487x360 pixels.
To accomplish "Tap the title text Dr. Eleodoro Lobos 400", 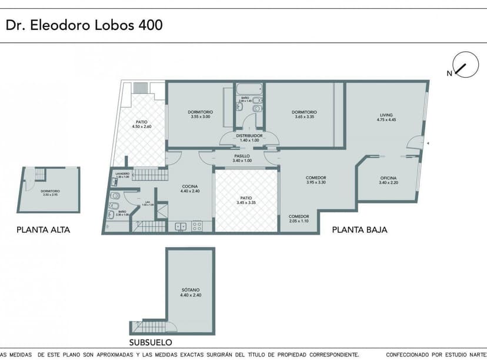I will (x=84, y=25).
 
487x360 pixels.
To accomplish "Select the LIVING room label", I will (x=386, y=115).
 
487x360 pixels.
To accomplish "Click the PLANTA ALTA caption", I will (x=43, y=230).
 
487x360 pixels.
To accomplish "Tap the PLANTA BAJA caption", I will (x=359, y=230).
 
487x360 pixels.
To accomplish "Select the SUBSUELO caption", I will (x=151, y=342).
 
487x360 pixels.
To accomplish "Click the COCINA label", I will (x=191, y=186).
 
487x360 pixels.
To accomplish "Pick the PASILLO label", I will (x=242, y=156).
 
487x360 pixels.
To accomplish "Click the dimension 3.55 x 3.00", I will (x=201, y=116).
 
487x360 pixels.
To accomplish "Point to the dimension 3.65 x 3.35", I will (x=305, y=116).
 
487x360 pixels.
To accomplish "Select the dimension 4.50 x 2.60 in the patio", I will (x=142, y=126).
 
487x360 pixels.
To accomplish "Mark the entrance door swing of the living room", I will (x=416, y=142).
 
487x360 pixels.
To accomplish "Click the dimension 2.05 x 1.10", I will (x=298, y=221).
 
